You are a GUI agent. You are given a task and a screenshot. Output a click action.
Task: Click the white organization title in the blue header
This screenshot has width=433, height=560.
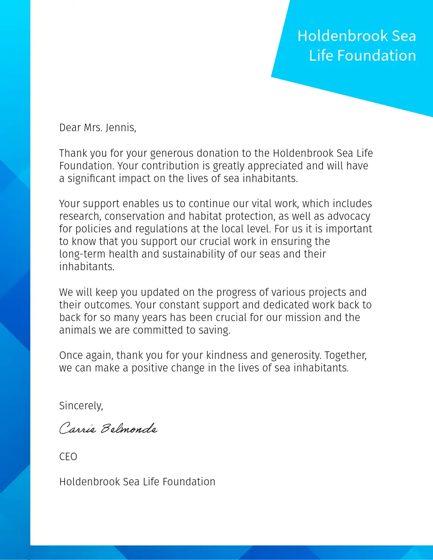(357, 46)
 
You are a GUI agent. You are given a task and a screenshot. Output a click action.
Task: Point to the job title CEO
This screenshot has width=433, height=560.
(68, 456)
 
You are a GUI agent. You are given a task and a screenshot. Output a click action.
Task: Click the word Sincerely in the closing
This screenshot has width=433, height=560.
(81, 406)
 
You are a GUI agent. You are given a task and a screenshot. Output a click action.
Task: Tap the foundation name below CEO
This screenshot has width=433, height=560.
(137, 482)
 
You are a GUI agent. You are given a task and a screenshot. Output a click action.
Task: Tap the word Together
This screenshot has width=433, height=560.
(346, 355)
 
